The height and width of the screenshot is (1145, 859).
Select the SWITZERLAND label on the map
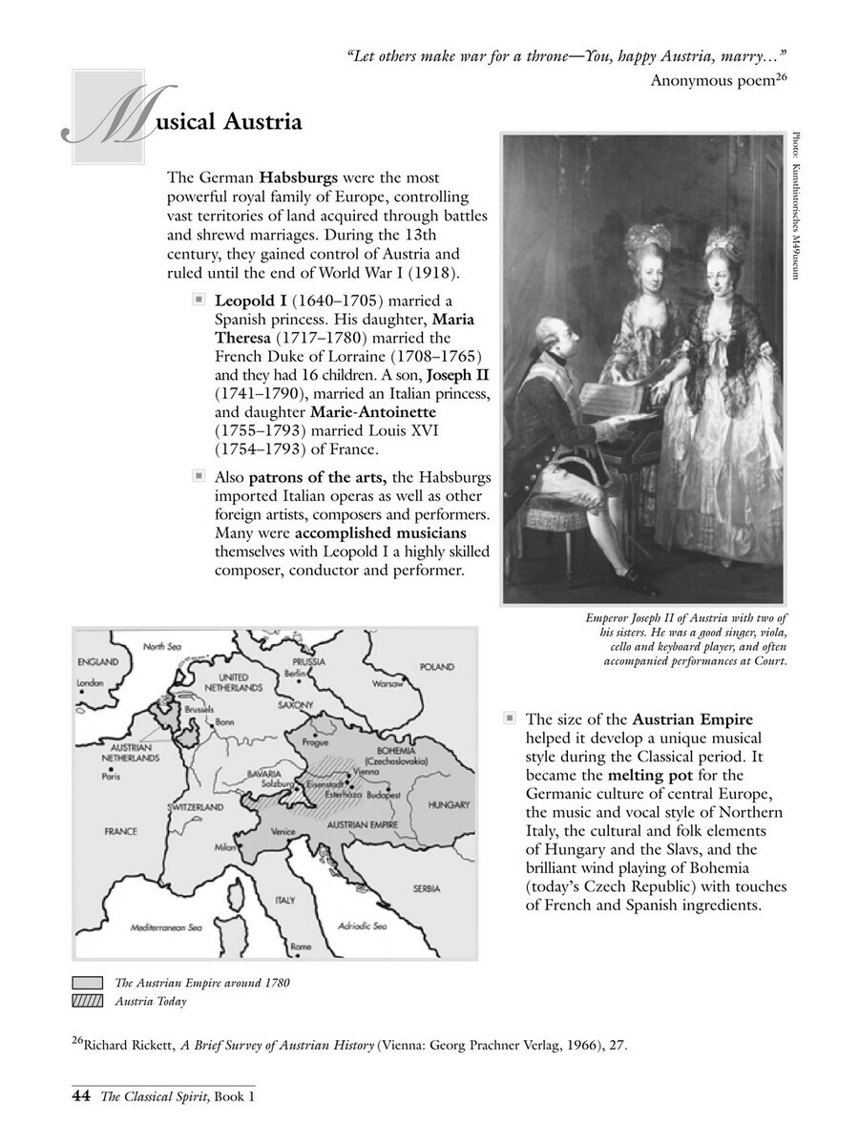(195, 806)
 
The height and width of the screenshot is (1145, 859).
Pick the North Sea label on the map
(161, 646)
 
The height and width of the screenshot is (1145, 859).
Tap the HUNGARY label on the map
(448, 804)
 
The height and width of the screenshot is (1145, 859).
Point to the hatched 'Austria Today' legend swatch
(88, 1001)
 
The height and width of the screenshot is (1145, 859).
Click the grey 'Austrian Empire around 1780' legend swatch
(88, 982)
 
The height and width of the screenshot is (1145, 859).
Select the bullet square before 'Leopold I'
(199, 299)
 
